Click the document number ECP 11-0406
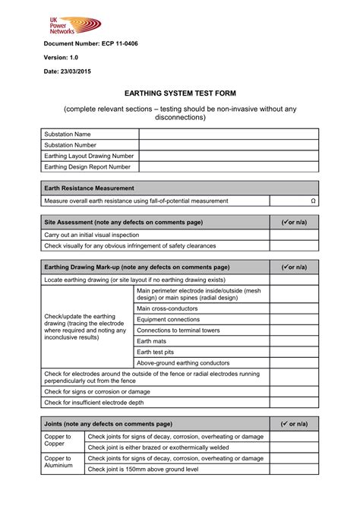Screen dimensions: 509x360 coord(89,44)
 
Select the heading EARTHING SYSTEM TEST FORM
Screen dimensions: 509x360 coord(179,92)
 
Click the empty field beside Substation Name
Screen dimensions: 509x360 coord(229,134)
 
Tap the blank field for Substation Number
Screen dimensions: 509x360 coord(229,145)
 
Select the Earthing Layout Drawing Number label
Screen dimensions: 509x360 coord(89,156)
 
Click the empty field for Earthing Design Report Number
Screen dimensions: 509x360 coord(229,166)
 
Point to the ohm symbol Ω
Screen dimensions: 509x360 coord(313,201)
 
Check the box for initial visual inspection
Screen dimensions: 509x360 coord(294,235)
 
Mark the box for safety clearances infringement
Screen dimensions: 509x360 coord(294,245)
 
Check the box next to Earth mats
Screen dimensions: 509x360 coord(294,341)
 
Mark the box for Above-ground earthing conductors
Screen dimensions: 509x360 coord(294,362)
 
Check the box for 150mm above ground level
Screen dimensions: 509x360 coord(294,469)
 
